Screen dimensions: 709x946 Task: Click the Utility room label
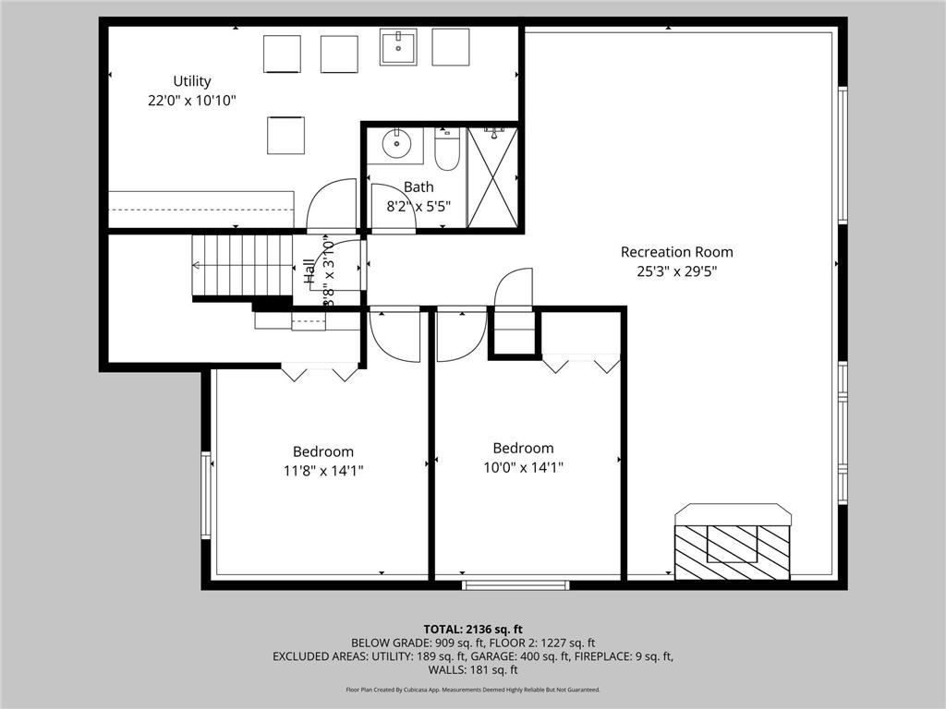[x=192, y=81]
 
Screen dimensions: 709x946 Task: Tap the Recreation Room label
[x=676, y=252]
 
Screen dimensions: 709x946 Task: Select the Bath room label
[x=418, y=187]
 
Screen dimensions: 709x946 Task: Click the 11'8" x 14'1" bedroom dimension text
[x=322, y=470]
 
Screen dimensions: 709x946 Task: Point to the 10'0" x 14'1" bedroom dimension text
[x=523, y=467]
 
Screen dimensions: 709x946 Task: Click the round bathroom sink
[x=398, y=143]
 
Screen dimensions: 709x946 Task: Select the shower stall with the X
[x=492, y=177]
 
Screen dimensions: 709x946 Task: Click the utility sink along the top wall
[x=398, y=46]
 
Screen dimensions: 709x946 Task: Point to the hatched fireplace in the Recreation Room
[x=732, y=551]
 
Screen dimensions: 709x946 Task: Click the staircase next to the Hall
[x=242, y=265]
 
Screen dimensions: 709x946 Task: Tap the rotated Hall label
[x=309, y=270]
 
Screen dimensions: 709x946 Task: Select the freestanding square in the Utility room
[x=285, y=135]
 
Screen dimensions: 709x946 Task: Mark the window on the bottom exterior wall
[x=515, y=584]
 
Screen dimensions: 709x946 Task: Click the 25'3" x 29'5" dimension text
[x=676, y=271]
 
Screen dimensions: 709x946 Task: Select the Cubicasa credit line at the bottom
[x=472, y=690]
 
